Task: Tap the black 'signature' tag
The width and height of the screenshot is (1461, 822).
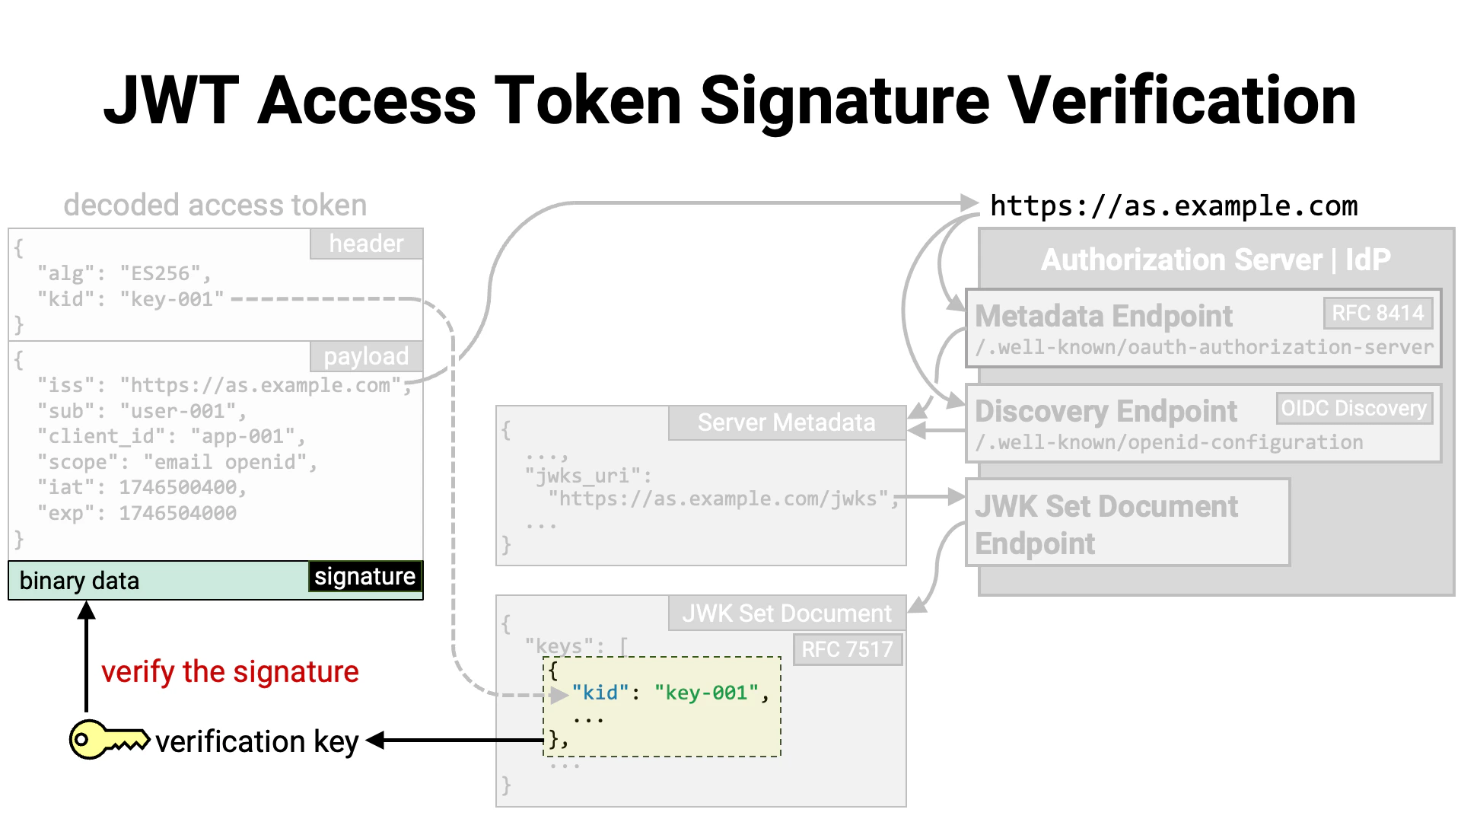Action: (x=364, y=577)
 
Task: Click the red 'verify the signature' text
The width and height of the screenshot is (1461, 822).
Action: (x=230, y=672)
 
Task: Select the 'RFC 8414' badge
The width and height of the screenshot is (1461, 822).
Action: (x=1377, y=313)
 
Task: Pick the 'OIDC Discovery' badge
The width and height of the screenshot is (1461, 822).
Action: (x=1353, y=409)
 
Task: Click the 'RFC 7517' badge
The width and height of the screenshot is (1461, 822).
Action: (x=847, y=649)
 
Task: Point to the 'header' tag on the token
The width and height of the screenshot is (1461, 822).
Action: (x=366, y=244)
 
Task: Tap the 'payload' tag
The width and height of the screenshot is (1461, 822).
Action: (x=366, y=356)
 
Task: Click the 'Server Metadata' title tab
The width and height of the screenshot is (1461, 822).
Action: (x=786, y=422)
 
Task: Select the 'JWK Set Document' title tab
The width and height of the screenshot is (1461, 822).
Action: (x=786, y=613)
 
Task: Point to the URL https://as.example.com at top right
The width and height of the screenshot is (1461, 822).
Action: (x=1173, y=206)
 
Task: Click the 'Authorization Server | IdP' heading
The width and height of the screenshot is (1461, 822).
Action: (x=1215, y=260)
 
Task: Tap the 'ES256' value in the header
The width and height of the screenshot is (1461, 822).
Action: (x=161, y=273)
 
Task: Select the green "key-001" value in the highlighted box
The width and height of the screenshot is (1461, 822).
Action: (x=706, y=693)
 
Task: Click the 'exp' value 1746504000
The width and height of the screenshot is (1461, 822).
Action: (x=177, y=513)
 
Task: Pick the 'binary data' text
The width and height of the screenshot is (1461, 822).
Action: (x=79, y=581)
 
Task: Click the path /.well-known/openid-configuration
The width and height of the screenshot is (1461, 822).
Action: (x=1169, y=442)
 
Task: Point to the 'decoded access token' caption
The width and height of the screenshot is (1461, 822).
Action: (x=215, y=205)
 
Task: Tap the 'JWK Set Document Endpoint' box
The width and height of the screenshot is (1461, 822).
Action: (x=1126, y=524)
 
